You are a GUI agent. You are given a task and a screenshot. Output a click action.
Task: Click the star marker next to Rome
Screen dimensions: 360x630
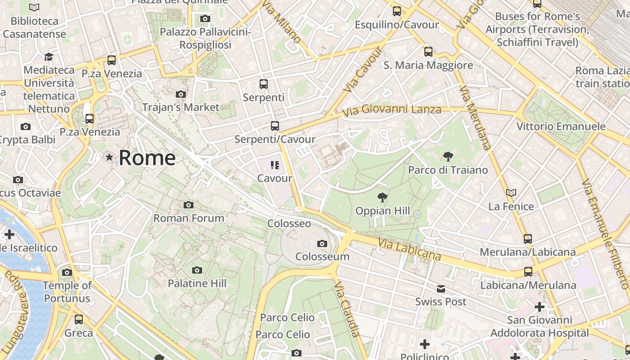[109, 157]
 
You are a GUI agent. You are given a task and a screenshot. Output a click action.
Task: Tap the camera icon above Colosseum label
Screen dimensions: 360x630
[322, 244]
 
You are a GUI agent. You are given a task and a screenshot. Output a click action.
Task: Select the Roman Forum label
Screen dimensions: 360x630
[189, 218]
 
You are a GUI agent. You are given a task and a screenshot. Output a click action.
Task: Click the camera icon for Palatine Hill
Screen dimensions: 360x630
[197, 270]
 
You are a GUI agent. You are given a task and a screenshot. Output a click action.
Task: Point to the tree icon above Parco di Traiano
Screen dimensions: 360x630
[448, 157]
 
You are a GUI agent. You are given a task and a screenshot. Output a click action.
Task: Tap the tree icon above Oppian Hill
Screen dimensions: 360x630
[382, 197]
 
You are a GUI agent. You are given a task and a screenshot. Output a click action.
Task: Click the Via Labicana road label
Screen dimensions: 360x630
[409, 249]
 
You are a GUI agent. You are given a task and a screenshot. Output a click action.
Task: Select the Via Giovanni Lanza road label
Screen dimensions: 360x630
[391, 109]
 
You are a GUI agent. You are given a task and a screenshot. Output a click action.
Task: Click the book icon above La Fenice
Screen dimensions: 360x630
[511, 193]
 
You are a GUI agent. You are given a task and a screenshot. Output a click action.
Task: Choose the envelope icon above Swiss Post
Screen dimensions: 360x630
[441, 289]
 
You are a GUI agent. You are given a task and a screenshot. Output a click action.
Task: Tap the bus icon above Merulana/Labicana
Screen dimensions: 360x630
[528, 238]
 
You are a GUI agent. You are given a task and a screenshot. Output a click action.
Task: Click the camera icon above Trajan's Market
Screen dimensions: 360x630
[181, 94]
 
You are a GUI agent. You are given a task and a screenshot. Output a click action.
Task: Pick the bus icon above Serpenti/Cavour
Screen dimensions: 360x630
[275, 126]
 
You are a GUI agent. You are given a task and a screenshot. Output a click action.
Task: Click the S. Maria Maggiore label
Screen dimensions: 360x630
[428, 65]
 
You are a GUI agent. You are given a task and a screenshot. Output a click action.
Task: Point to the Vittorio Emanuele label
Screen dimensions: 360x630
[561, 126]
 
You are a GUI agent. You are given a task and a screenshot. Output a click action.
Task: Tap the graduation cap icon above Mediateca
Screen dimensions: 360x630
[49, 57]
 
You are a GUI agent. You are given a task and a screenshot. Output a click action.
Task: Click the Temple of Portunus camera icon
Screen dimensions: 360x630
[67, 272]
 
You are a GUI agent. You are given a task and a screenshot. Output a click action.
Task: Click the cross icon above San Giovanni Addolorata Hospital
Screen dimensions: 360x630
[540, 307]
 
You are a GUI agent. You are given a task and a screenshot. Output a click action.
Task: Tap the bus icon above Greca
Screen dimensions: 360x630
[79, 319]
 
